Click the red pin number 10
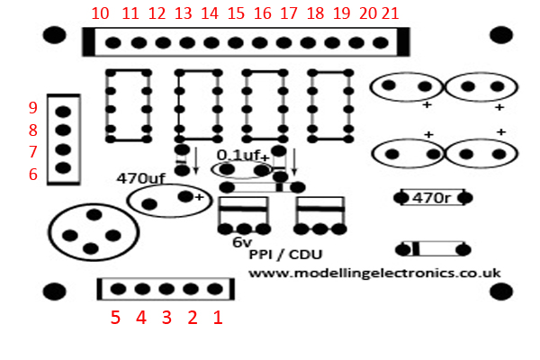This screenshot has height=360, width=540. pyautogui.click(x=100, y=13)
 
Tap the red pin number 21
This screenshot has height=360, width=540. pyautogui.click(x=391, y=13)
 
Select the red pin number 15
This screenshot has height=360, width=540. pyautogui.click(x=236, y=13)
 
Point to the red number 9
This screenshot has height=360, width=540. pyautogui.click(x=33, y=108)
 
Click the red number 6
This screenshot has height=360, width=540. pyautogui.click(x=33, y=175)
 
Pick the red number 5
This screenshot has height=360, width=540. pyautogui.click(x=115, y=318)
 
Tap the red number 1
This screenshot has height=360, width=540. pyautogui.click(x=218, y=318)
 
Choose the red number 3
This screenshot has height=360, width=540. pyautogui.click(x=166, y=318)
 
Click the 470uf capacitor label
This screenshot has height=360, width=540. pyautogui.click(x=141, y=178)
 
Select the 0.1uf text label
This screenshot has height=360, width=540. pyautogui.click(x=238, y=156)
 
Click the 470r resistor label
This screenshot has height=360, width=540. pyautogui.click(x=431, y=198)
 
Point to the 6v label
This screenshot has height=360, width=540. pyautogui.click(x=242, y=242)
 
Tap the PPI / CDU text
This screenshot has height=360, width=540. pyautogui.click(x=285, y=255)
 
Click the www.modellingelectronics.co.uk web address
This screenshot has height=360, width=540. pyautogui.click(x=374, y=274)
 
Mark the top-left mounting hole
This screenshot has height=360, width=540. pyautogui.click(x=54, y=35)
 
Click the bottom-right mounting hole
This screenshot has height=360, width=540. pyautogui.click(x=501, y=292)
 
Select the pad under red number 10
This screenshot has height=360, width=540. pyautogui.click(x=113, y=42)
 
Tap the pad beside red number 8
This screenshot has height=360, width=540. pyautogui.click(x=63, y=130)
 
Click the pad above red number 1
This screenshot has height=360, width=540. pyautogui.click(x=215, y=289)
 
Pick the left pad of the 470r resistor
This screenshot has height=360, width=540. pyautogui.click(x=401, y=198)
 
